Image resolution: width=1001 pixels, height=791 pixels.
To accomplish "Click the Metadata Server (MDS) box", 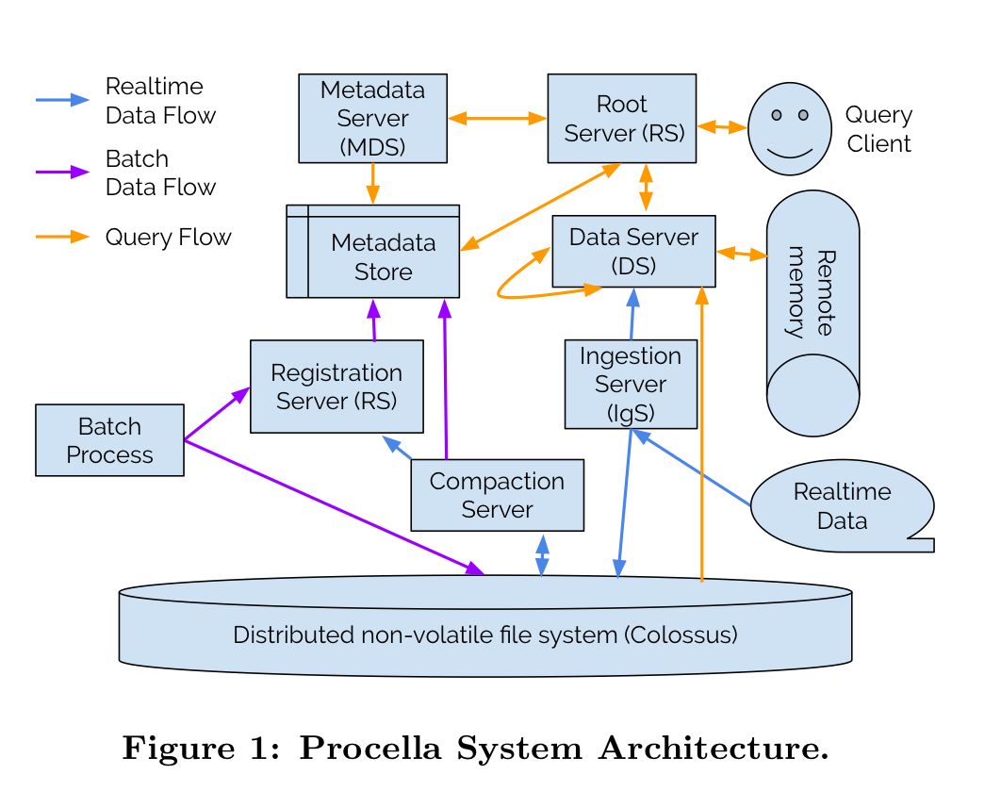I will (x=372, y=119).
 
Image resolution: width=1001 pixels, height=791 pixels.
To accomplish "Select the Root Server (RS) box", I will (x=622, y=119).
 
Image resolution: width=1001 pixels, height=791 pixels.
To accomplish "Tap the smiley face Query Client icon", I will (x=790, y=128).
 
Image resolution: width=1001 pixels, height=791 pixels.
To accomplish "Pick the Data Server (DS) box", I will (x=633, y=251).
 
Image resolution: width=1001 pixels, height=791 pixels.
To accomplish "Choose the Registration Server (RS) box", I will (x=336, y=387).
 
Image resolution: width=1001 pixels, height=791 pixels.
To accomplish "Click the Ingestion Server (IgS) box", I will (x=631, y=384).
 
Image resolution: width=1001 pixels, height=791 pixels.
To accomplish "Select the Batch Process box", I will (x=109, y=440).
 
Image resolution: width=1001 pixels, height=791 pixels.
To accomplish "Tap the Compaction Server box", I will (x=497, y=495).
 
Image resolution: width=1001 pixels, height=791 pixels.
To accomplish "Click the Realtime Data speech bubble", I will (x=841, y=506).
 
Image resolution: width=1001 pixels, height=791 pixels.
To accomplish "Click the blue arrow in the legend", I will (x=62, y=100).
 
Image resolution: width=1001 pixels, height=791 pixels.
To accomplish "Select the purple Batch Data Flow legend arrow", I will (x=62, y=173).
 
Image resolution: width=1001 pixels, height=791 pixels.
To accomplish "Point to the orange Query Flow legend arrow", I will (x=62, y=238).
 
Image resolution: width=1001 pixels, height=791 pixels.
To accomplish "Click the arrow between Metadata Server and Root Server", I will (x=497, y=119).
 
